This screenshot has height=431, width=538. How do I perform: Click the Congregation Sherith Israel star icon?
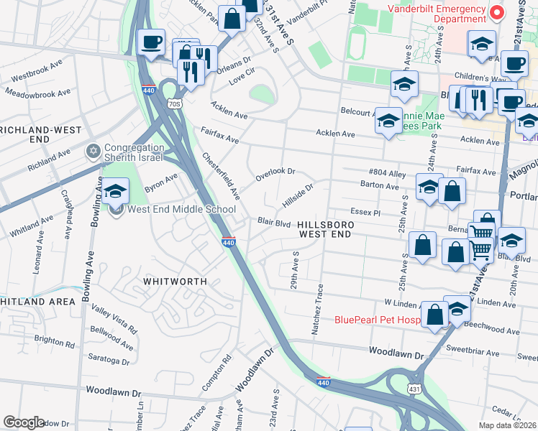pyautogui.click(x=92, y=151)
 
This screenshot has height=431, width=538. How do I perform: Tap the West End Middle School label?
pyautogui.click(x=181, y=210)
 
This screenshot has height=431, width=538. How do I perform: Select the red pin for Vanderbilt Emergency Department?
pyautogui.click(x=496, y=13)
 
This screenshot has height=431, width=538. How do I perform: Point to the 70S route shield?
pyautogui.click(x=173, y=104)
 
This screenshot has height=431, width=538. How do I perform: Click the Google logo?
pyautogui.click(x=24, y=422)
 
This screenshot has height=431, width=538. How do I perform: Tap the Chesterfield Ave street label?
pyautogui.click(x=221, y=175)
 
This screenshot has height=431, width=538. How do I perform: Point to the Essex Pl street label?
pyautogui.click(x=365, y=213)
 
